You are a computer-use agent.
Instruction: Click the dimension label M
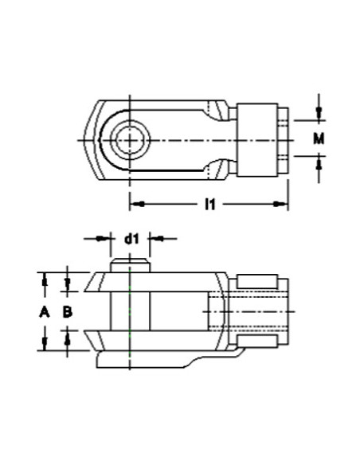(319, 139)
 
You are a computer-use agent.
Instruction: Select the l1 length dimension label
(209, 205)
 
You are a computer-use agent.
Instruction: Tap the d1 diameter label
(130, 237)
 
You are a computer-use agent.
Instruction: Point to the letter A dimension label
(45, 312)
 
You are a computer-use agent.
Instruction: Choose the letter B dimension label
(68, 312)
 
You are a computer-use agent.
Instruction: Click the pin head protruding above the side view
(129, 264)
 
